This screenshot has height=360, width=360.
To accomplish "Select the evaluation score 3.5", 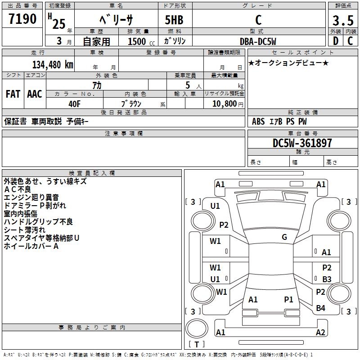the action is click(x=342, y=21).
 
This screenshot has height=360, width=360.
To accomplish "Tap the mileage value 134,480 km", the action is click(x=52, y=64).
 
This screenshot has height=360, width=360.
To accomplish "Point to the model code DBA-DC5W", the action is click(x=258, y=41).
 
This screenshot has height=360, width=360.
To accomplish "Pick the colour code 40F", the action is click(x=74, y=103).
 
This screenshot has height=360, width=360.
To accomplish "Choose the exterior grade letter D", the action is click(x=335, y=41).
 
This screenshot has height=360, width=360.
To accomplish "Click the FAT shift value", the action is click(x=13, y=94).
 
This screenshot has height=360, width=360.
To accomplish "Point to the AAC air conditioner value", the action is click(x=35, y=94).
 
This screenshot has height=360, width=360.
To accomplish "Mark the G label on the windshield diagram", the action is click(x=284, y=237).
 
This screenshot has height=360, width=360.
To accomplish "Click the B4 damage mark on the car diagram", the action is click(x=320, y=308).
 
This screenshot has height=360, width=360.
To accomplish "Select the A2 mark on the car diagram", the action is click(x=320, y=333).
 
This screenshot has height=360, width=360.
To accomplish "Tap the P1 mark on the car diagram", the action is click(x=288, y=299).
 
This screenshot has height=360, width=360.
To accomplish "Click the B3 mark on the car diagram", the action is click(x=327, y=279).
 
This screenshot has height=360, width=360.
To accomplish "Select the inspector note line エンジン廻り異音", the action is click(x=31, y=198).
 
